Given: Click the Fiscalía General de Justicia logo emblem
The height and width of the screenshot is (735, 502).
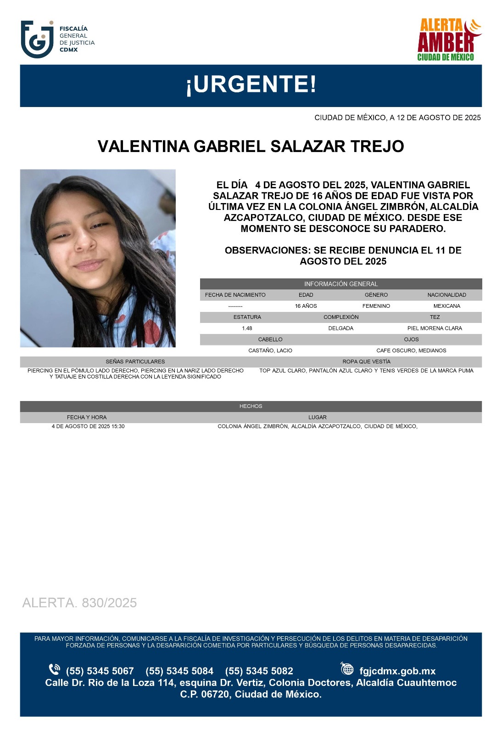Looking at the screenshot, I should click(37, 40).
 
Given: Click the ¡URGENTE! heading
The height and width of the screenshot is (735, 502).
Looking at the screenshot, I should click(251, 85).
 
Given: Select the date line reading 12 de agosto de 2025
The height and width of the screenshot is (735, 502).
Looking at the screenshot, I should click(397, 118).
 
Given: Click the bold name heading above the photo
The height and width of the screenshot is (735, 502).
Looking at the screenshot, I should click(251, 147).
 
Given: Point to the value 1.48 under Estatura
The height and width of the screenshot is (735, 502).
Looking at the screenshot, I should click(247, 328).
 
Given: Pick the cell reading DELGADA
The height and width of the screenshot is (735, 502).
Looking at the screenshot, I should click(340, 328).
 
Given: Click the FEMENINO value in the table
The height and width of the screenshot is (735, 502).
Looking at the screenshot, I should click(376, 306).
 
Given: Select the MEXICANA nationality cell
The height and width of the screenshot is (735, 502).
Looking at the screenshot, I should click(446, 306).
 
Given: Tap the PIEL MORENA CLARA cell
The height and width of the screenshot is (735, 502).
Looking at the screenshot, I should click(434, 328).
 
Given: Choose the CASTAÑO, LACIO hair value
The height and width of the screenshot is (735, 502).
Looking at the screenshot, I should click(270, 351).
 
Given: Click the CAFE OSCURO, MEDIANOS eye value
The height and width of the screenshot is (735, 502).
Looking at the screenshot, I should click(411, 351).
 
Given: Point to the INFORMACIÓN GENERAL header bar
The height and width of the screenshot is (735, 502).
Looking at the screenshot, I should click(340, 284).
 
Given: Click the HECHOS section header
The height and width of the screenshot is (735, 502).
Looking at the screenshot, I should click(251, 406).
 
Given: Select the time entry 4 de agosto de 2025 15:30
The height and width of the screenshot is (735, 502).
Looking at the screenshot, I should click(88, 426).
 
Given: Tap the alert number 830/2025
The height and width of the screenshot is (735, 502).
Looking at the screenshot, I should click(79, 603).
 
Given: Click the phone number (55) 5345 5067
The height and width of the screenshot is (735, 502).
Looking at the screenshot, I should click(100, 671).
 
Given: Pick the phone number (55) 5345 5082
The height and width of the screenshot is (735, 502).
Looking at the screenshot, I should click(259, 671).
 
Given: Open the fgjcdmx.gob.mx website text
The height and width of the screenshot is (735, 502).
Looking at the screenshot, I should click(397, 671).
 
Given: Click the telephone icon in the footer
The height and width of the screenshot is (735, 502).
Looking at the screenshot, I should click(54, 669).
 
